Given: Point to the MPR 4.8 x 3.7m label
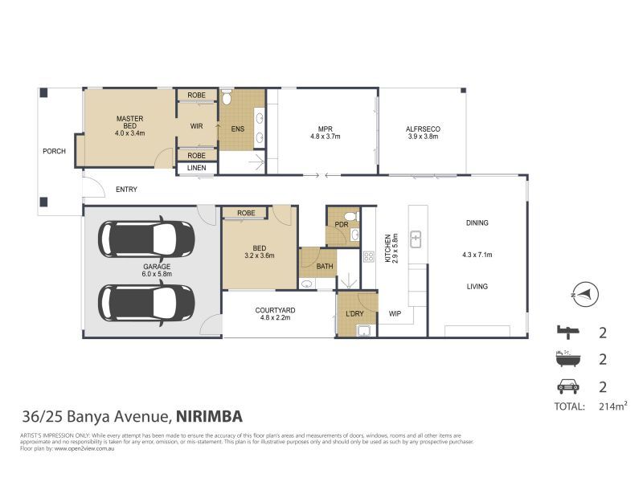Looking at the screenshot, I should [326, 133].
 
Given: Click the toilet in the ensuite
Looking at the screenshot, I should [227, 100].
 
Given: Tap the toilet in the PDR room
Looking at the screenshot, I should [348, 216].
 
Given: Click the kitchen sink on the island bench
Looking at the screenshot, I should [416, 239].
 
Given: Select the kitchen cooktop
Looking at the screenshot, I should [370, 257].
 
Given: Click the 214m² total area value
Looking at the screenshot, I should [612, 407].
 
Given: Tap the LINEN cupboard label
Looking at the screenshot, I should [196, 168].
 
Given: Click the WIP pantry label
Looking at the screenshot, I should [395, 313].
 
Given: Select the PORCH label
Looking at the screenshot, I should [54, 151].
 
